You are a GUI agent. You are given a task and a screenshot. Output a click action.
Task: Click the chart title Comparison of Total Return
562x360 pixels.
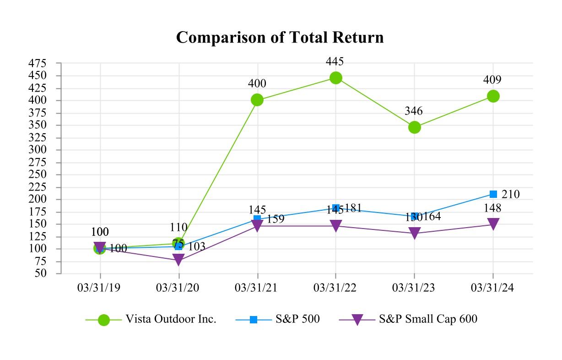tap(280, 38)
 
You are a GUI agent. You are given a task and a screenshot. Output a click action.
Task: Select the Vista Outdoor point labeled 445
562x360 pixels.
tap(336, 78)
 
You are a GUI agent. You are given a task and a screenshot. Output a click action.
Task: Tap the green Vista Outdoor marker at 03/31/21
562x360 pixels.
tap(257, 100)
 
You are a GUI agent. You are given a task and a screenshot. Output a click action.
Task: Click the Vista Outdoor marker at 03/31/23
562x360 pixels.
tap(415, 127)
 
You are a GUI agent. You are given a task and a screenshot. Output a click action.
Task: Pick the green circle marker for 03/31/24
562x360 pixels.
tap(493, 96)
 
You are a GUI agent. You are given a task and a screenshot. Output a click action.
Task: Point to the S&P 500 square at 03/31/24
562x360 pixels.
tap(493, 194)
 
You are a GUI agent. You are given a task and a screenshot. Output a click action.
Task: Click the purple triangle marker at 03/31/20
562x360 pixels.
tap(178, 260)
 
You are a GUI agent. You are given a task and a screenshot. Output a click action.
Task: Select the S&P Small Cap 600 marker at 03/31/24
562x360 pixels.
tap(493, 224)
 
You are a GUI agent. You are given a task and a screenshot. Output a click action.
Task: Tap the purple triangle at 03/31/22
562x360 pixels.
tap(336, 226)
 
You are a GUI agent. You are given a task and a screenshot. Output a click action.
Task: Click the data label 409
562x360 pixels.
tap(492, 80)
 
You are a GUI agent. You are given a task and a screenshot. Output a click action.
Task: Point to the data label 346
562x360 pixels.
tap(414, 111)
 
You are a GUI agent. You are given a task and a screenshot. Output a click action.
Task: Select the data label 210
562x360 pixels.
tap(510, 194)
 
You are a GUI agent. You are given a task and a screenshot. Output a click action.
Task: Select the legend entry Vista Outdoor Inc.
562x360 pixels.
tap(170, 320)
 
